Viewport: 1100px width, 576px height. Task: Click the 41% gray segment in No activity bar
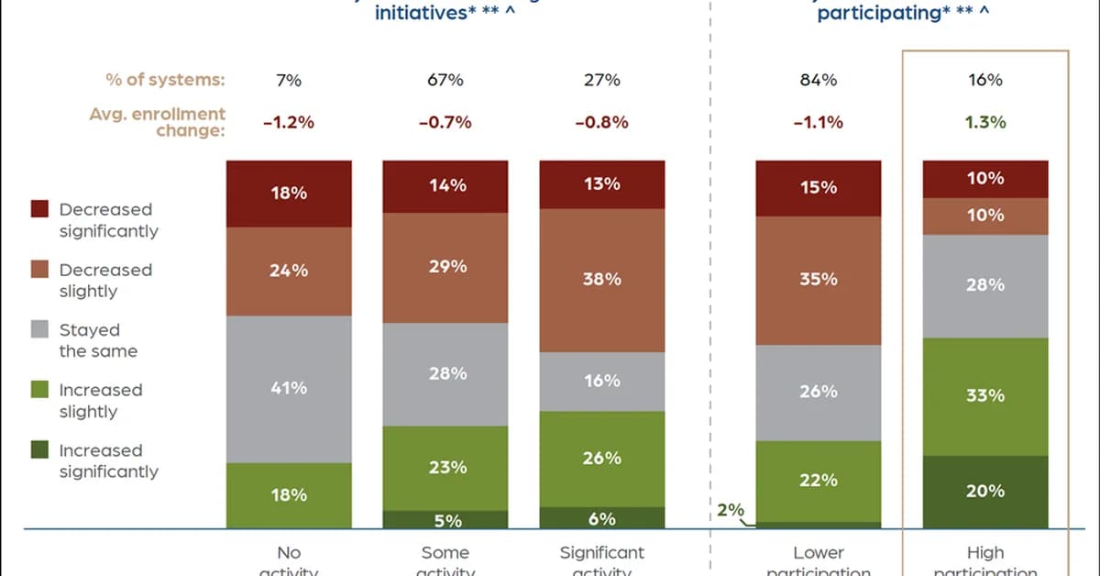pyautogui.click(x=289, y=389)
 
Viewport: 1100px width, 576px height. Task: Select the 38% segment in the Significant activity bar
pyautogui.click(x=601, y=280)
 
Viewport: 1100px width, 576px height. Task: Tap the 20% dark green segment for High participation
pyautogui.click(x=985, y=492)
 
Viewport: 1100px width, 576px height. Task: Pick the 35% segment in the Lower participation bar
pyautogui.click(x=819, y=280)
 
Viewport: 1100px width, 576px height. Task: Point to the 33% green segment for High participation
pyautogui.click(x=985, y=396)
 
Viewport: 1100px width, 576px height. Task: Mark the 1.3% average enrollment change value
pyautogui.click(x=985, y=122)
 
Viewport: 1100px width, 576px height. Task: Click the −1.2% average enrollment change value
pyautogui.click(x=289, y=122)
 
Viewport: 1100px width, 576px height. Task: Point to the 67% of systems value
pyautogui.click(x=445, y=80)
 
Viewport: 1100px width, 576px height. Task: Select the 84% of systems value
pyautogui.click(x=819, y=80)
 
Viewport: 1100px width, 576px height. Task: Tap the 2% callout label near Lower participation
pyautogui.click(x=731, y=511)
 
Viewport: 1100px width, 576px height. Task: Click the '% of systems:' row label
pyautogui.click(x=165, y=80)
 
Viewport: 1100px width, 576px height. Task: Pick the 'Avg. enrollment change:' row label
pyautogui.click(x=158, y=122)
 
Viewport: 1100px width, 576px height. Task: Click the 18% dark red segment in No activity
pyautogui.click(x=289, y=194)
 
